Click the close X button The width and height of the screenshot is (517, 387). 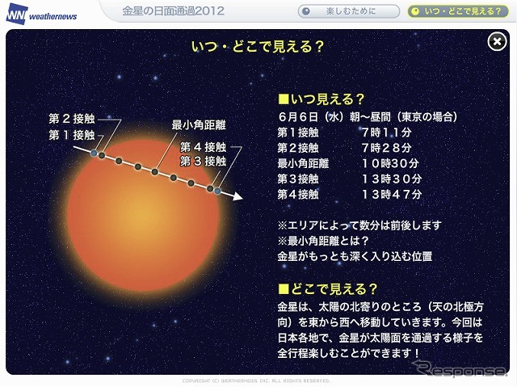click(x=497, y=43)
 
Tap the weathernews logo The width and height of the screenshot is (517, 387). click(x=40, y=13)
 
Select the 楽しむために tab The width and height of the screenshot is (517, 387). click(x=349, y=11)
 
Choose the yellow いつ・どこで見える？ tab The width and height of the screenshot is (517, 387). click(x=459, y=11)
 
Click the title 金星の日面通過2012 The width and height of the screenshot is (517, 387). click(x=173, y=11)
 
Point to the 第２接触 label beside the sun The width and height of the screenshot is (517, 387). click(x=72, y=120)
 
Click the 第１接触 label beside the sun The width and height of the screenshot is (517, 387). click(x=72, y=134)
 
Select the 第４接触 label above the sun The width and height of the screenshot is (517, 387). click(x=203, y=147)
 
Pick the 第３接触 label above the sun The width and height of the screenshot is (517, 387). click(x=203, y=160)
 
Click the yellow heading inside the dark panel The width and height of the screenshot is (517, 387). click(x=258, y=46)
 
